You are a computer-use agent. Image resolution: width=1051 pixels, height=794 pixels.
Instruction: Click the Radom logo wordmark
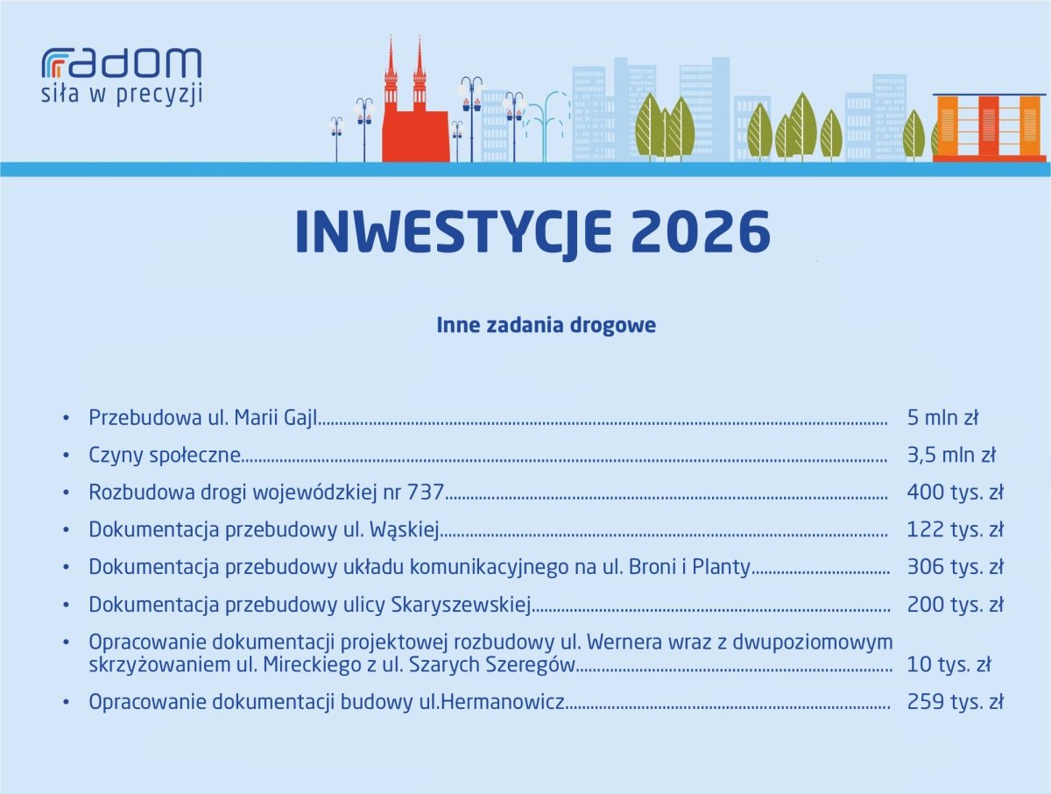(122, 63)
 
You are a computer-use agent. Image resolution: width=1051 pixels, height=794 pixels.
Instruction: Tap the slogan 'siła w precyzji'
(122, 94)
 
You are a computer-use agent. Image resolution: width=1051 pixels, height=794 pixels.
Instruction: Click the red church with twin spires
(414, 102)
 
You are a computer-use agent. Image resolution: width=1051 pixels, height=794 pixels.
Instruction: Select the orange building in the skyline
(989, 128)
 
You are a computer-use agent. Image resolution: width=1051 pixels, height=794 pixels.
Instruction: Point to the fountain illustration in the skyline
(546, 125)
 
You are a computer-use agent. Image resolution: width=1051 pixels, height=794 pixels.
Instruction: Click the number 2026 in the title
(701, 231)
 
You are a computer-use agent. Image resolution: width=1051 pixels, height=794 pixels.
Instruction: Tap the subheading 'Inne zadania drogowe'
(546, 325)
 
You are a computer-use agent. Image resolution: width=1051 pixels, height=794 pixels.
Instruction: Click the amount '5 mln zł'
(942, 417)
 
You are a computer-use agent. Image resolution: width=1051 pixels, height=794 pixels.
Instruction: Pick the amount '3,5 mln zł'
(951, 455)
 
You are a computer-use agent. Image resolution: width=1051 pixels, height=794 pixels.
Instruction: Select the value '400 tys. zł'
(955, 493)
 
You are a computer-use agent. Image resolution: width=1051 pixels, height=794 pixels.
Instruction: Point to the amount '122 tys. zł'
(955, 529)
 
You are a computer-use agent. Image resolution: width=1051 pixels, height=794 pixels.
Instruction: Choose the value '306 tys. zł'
(955, 567)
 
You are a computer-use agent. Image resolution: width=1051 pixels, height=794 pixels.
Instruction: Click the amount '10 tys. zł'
(949, 664)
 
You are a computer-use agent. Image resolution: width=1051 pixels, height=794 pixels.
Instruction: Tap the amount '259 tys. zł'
(955, 702)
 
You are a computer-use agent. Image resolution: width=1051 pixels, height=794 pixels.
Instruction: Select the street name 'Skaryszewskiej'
(461, 606)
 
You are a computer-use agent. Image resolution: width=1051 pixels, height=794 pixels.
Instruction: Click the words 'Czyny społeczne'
(165, 456)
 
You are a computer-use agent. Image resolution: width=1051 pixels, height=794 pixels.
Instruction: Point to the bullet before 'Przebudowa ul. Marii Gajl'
(66, 418)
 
